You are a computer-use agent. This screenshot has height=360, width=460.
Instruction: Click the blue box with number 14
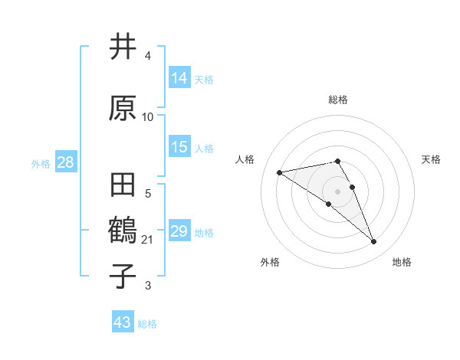pos(179,78)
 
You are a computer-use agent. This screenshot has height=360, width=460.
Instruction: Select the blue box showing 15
pos(179,147)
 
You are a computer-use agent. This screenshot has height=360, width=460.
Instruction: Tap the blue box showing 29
pos(179,231)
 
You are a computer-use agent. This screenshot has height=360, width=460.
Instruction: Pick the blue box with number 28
pos(65,162)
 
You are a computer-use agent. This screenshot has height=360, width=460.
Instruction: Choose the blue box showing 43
pos(123,322)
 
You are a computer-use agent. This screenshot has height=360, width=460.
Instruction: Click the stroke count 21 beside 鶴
pos(149,240)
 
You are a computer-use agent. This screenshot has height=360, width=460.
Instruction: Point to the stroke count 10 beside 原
pos(148,117)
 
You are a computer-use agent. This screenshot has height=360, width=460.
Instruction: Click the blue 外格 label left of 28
pos(41,163)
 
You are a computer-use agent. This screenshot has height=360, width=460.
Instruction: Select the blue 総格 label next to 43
pos(147,324)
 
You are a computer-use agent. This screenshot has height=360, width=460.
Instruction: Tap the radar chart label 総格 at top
pos(338,100)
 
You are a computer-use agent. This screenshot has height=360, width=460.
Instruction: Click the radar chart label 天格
pos(431,159)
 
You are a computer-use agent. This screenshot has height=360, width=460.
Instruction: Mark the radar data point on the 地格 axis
pos(374,242)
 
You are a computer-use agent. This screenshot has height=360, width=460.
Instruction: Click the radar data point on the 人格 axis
pos(280,172)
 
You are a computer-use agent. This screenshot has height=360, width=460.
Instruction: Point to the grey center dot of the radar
pos(338,191)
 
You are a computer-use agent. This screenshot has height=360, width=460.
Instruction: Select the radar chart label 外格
pos(270,262)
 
